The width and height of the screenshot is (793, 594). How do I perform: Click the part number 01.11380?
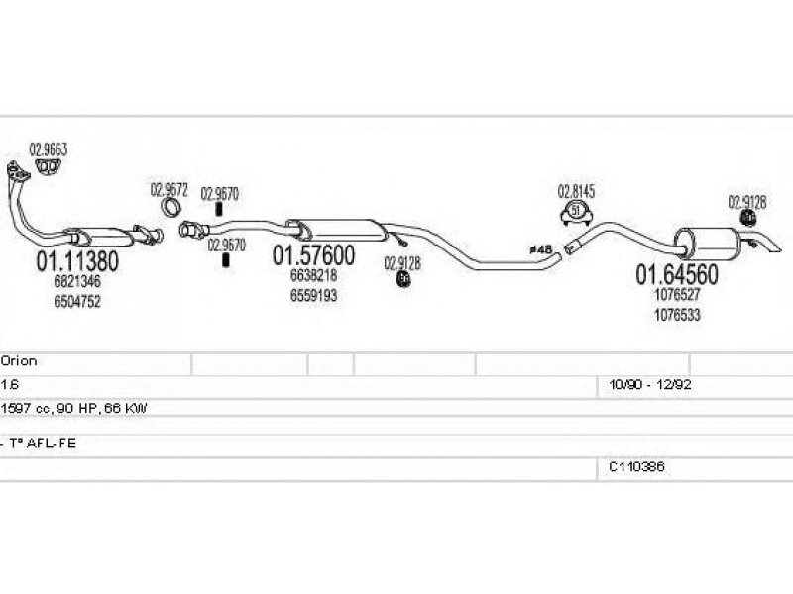(77, 262)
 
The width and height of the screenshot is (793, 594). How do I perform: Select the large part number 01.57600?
(313, 255)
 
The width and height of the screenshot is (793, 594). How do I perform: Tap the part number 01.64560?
(676, 273)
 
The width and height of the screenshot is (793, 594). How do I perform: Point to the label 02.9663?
(48, 150)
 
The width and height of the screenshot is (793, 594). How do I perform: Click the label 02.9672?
(169, 188)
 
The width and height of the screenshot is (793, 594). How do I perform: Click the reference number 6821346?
(76, 283)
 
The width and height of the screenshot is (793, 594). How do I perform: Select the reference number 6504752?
(76, 302)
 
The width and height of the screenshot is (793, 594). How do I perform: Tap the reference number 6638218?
(313, 276)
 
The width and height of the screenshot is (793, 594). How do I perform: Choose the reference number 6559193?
(313, 295)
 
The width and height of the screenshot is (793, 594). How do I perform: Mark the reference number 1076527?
(677, 295)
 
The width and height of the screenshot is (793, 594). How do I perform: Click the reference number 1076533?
(677, 314)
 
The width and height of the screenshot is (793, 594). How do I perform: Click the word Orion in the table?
(19, 362)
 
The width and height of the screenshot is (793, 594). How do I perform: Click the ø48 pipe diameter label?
(541, 250)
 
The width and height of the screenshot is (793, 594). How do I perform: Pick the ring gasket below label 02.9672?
(170, 208)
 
